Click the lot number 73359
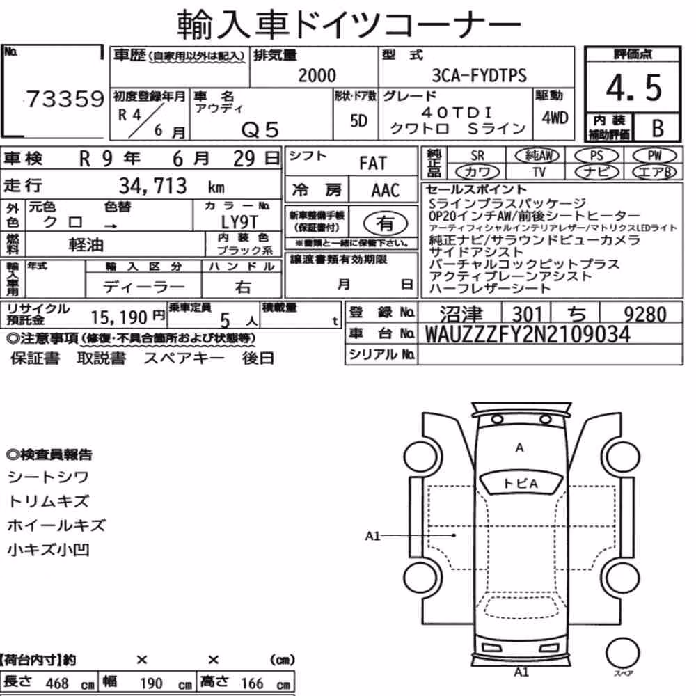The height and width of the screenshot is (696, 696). coord(65,99)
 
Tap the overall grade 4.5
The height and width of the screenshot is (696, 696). coord(633,88)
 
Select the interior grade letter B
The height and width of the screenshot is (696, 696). coord(658,128)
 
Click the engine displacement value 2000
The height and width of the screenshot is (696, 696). coord(317,75)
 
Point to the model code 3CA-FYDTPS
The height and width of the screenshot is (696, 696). coord(479,75)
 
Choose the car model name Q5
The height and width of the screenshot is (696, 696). coord(260,130)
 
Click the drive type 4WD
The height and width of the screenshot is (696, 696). coord(555,118)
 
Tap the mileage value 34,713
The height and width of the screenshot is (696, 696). coord(152,186)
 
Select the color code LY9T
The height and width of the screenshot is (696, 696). coord(239,221)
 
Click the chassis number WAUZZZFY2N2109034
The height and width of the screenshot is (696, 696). coord(528,334)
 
